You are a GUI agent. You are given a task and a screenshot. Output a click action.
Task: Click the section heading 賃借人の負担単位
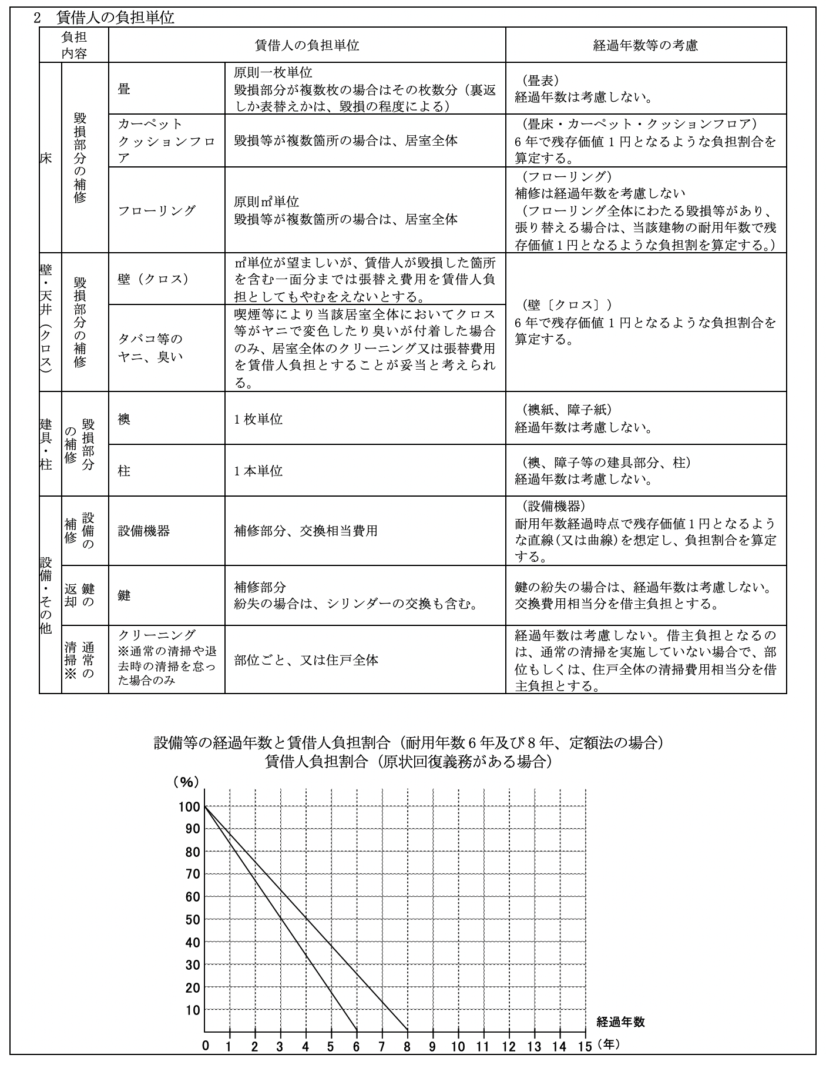[115, 18]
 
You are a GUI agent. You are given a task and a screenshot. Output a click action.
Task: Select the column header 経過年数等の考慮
[645, 45]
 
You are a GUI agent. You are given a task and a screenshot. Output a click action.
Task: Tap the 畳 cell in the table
[124, 89]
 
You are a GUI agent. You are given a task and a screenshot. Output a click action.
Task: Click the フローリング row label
[157, 210]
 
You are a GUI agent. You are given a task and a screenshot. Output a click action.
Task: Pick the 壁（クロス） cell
[153, 279]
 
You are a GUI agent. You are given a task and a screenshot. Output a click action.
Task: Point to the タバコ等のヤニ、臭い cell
[150, 348]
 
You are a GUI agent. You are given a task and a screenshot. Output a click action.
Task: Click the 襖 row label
[124, 418]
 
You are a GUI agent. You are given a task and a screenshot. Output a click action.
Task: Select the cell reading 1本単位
[258, 471]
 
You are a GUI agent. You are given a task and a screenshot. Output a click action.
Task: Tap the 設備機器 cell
[144, 531]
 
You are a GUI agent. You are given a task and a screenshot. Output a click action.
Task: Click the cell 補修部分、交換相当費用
[305, 531]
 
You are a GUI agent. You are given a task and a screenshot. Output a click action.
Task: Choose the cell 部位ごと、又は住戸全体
[305, 659]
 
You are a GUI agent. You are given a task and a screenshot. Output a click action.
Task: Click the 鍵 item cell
[124, 595]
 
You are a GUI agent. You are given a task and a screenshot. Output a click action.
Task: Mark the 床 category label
[46, 158]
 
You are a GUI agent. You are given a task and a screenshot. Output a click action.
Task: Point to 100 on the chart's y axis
[189, 807]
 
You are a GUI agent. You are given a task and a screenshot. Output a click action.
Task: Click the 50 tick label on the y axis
[193, 920]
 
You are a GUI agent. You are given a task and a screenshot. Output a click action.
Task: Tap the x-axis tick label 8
[407, 1046]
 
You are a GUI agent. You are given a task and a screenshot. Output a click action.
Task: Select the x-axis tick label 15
[585, 1046]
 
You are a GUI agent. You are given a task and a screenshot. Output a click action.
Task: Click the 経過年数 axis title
[620, 1022]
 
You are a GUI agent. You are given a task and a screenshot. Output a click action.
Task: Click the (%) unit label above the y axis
[186, 782]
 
